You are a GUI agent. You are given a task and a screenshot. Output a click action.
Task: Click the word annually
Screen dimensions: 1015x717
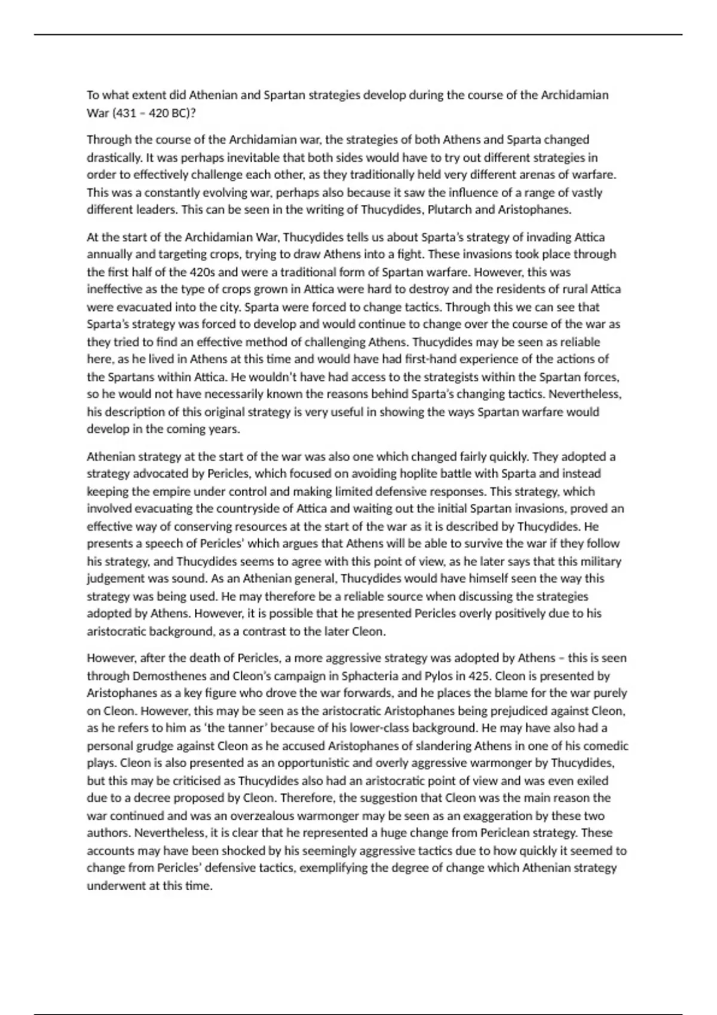[x=109, y=254]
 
